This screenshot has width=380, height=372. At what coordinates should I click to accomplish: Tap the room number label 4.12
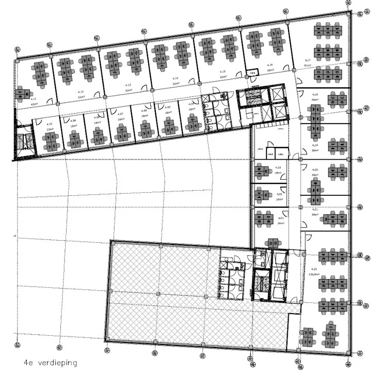[x=81, y=91]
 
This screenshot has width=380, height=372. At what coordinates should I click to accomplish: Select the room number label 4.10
[x=50, y=124]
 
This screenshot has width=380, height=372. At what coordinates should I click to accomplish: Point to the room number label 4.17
[x=308, y=60]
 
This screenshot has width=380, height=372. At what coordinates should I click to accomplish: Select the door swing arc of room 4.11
[x=49, y=101]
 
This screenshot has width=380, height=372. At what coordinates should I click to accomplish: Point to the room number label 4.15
[x=223, y=72]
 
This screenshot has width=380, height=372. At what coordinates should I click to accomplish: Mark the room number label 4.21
[x=314, y=209]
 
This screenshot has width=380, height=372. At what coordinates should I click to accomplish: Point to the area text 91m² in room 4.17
[x=308, y=66]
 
